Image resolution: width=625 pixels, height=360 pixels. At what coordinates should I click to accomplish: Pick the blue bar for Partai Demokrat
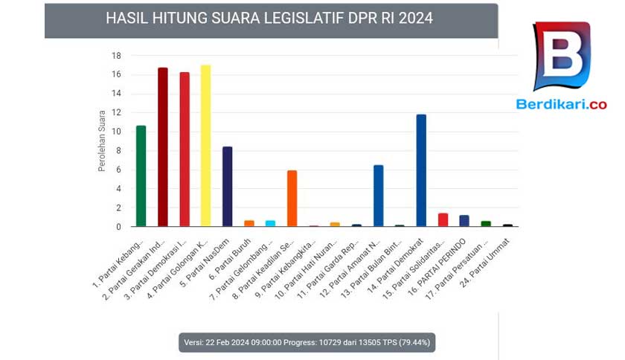pos(421,170)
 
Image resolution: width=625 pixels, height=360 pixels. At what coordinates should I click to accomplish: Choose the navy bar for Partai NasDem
pos(227,187)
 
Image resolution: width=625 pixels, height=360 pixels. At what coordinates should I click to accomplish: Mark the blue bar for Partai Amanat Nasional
pos(378,196)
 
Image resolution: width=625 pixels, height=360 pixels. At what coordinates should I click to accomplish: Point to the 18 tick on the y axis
pos(116,56)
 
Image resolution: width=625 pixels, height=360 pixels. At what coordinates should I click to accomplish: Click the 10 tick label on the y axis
pos(116,132)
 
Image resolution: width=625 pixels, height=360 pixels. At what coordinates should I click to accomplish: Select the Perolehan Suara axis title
pos(102,141)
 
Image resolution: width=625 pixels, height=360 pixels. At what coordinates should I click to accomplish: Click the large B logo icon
pos(561,56)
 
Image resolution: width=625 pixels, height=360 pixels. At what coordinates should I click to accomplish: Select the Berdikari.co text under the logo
pos(561,104)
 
